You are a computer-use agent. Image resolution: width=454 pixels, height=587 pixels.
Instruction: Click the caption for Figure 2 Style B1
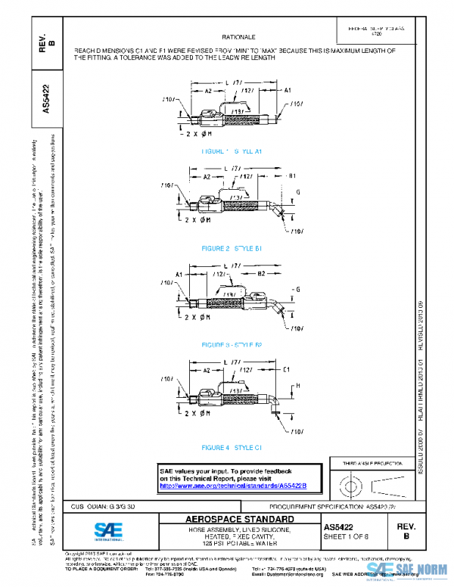[x=232, y=248]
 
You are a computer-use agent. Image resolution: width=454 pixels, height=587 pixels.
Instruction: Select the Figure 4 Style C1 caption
[x=232, y=448]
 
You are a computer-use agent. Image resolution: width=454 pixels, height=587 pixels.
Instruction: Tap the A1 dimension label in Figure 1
[x=288, y=89]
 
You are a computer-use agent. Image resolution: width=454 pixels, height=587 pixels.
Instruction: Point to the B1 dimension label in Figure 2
[x=291, y=176]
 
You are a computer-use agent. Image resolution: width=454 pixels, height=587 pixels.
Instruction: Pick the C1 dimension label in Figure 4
[x=286, y=370]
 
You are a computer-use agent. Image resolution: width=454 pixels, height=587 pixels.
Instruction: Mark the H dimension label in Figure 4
[x=298, y=386]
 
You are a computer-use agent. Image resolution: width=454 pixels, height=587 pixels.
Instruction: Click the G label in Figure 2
[x=298, y=194]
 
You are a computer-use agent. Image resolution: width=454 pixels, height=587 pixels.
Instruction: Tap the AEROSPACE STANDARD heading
[x=241, y=520]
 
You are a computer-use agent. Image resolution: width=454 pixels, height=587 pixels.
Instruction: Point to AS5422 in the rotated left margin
[x=47, y=98]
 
